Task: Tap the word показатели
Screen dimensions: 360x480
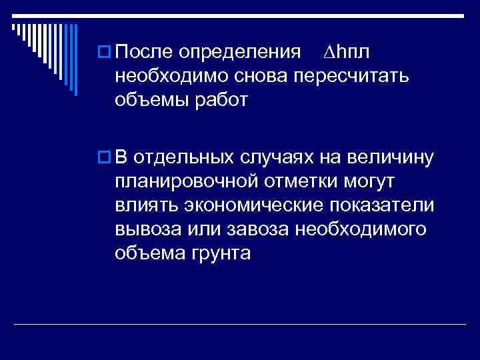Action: (x=383, y=205)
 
